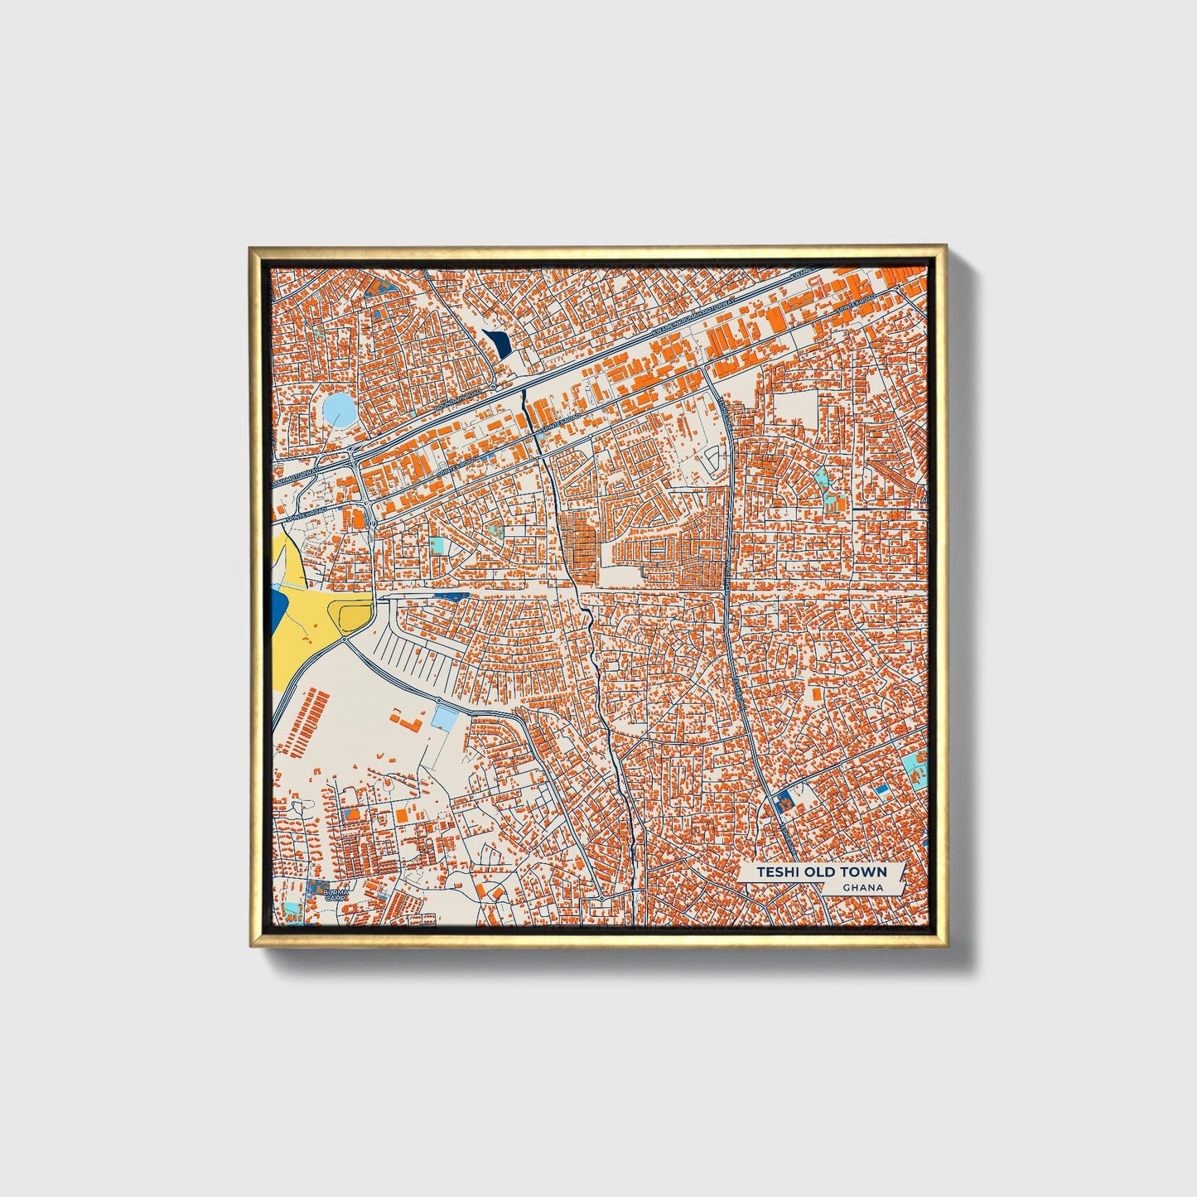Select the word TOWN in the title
point(864,872)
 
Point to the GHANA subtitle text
point(862,888)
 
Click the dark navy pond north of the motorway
point(498,343)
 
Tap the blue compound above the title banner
point(782,801)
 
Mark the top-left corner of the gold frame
point(251,247)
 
